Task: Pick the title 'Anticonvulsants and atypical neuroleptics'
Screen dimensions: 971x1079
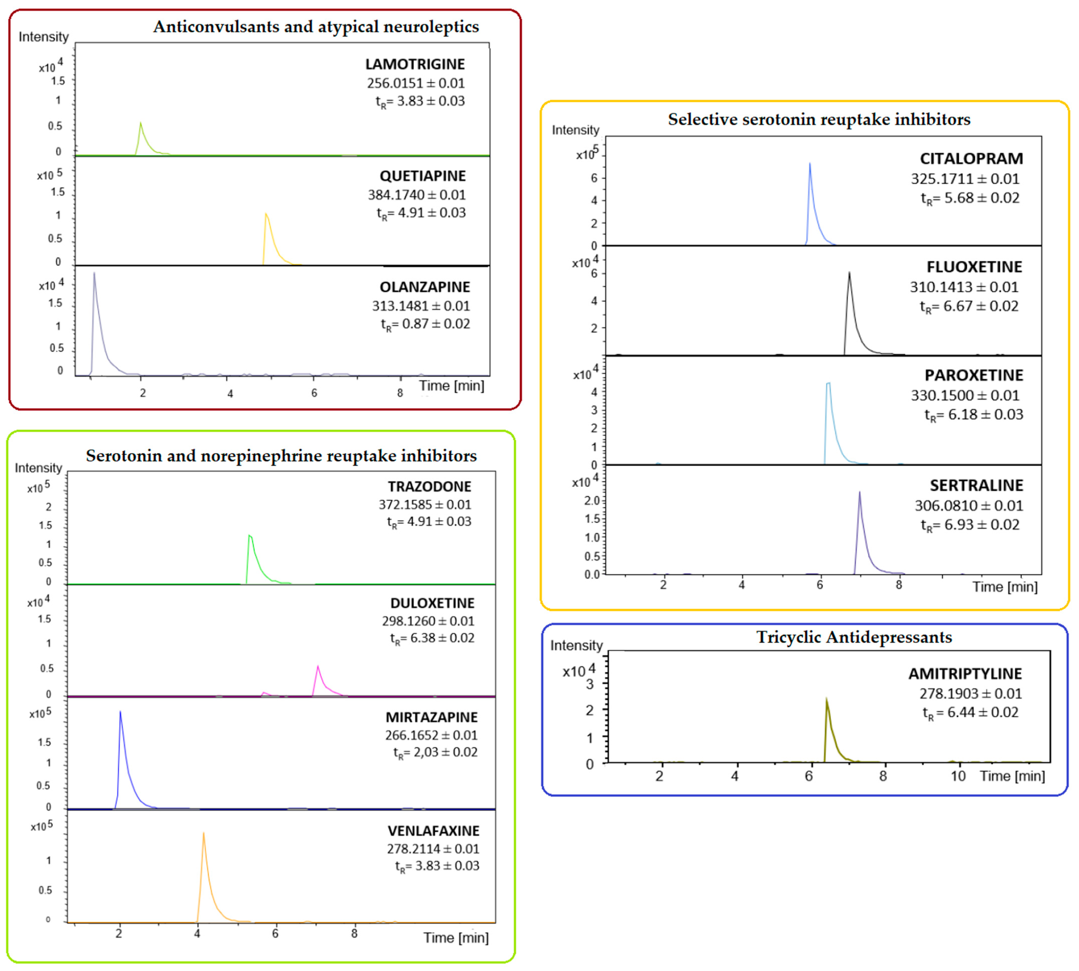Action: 316,27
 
